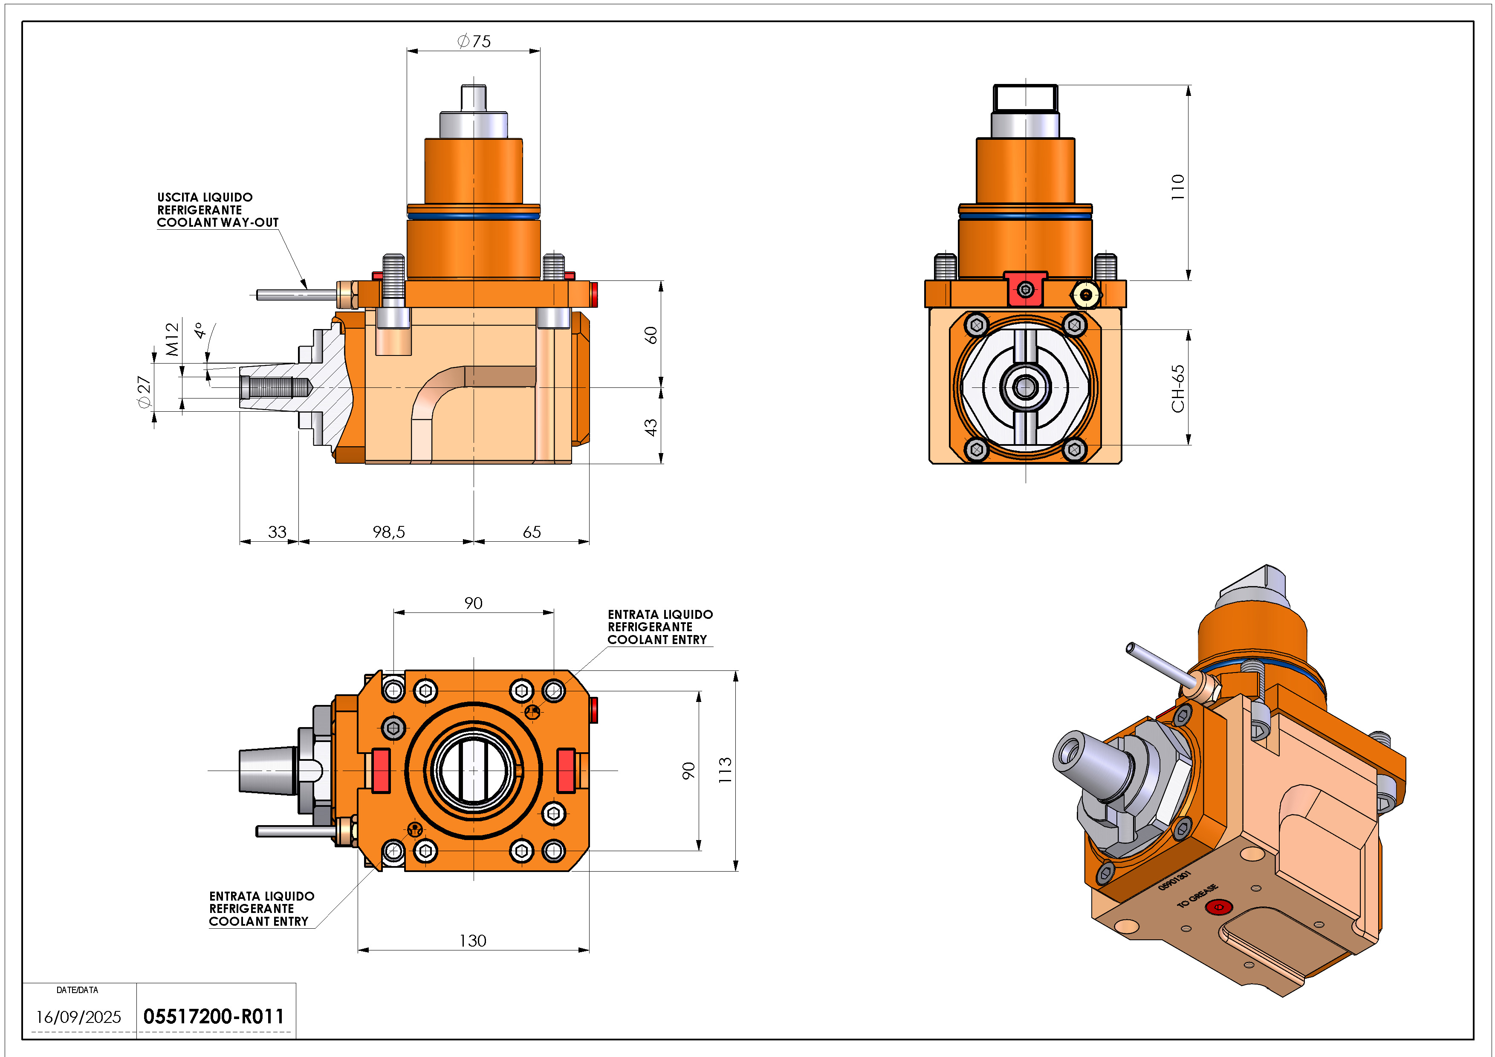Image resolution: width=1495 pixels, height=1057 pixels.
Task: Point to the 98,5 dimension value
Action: [x=389, y=532]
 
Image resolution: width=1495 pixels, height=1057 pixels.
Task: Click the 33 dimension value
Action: [x=278, y=532]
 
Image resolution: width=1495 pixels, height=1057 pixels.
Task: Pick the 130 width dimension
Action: [x=473, y=941]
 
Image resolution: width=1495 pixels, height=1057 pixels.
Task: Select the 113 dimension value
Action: [x=725, y=770]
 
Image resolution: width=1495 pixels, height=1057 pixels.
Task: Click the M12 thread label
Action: [x=172, y=339]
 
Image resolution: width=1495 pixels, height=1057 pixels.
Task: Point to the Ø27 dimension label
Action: [x=144, y=392]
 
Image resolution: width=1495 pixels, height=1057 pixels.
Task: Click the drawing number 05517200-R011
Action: [x=214, y=1017]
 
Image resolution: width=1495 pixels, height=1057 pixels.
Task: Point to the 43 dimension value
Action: [x=651, y=427]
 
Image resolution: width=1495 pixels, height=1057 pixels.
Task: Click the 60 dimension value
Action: [x=651, y=335]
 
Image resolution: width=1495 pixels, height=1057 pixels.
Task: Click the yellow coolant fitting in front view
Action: [x=1085, y=294]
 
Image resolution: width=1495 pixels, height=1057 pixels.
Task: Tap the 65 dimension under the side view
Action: [x=532, y=532]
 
